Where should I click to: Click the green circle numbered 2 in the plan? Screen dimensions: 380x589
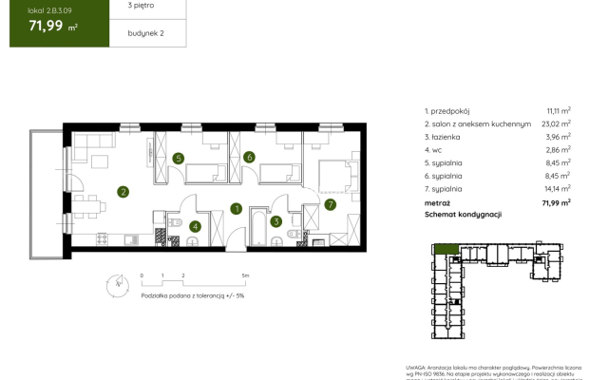(123, 191)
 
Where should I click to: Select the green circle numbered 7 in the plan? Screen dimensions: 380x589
(330, 203)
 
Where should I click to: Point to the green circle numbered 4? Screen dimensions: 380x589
(194, 226)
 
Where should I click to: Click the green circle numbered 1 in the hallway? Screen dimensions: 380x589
(237, 209)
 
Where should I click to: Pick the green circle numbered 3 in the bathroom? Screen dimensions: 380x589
(276, 222)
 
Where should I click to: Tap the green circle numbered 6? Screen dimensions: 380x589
(249, 157)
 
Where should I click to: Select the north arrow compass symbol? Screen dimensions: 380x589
(116, 282)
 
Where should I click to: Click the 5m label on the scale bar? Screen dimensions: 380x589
(246, 275)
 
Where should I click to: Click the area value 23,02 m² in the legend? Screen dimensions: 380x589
(555, 123)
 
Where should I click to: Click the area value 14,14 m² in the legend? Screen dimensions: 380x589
(556, 189)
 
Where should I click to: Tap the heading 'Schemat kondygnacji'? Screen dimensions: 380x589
(464, 216)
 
